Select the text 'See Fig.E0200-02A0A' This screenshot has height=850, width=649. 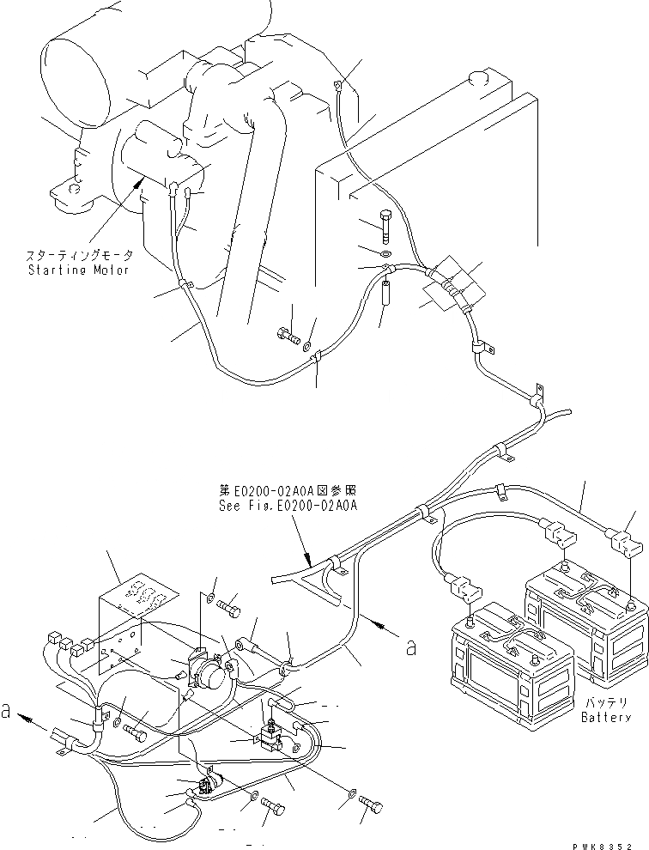[x=288, y=506]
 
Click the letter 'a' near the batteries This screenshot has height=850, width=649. [x=411, y=648]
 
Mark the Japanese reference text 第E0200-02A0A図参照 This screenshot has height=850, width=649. [x=287, y=491]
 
